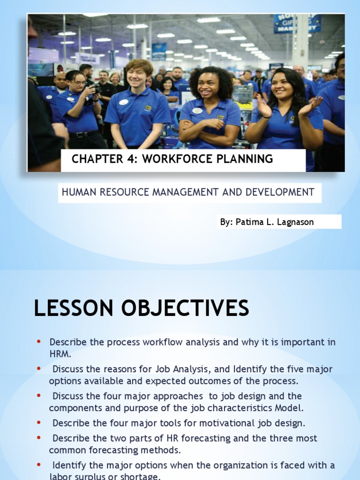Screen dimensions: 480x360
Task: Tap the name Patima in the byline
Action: coord(247,222)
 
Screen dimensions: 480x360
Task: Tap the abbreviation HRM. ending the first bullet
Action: coord(60,354)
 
